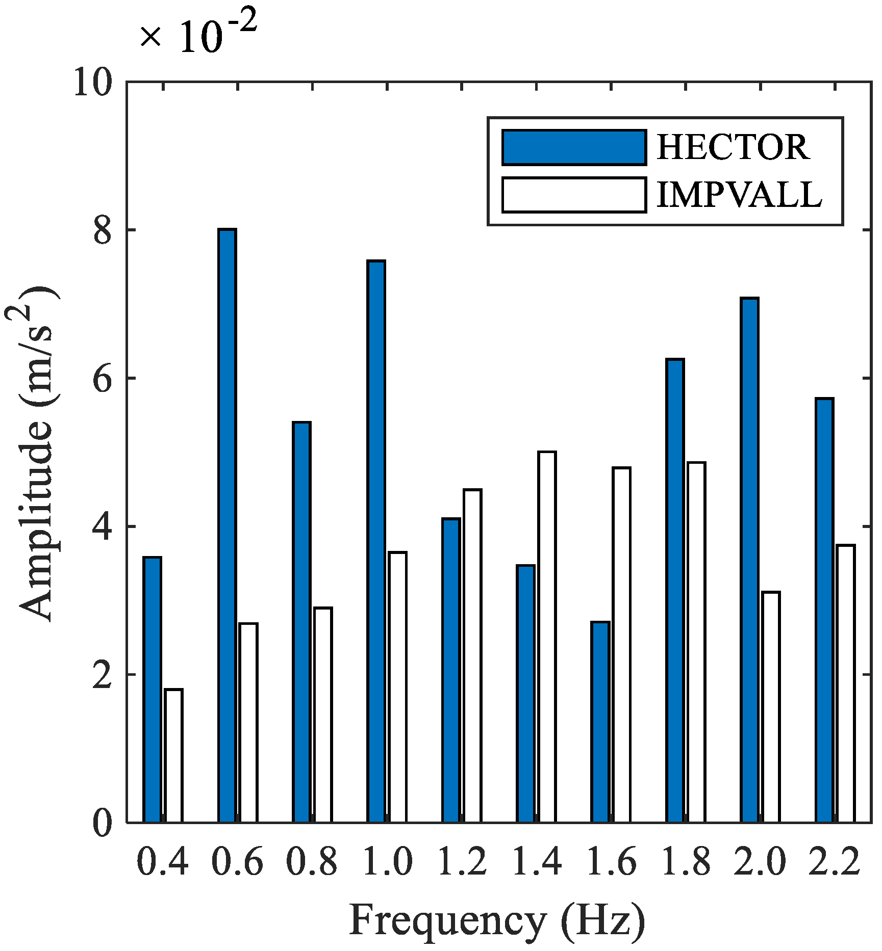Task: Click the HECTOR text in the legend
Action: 733,148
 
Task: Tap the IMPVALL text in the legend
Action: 739,195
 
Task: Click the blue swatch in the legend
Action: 574,148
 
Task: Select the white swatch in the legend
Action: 574,195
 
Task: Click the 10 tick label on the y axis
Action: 93,83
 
